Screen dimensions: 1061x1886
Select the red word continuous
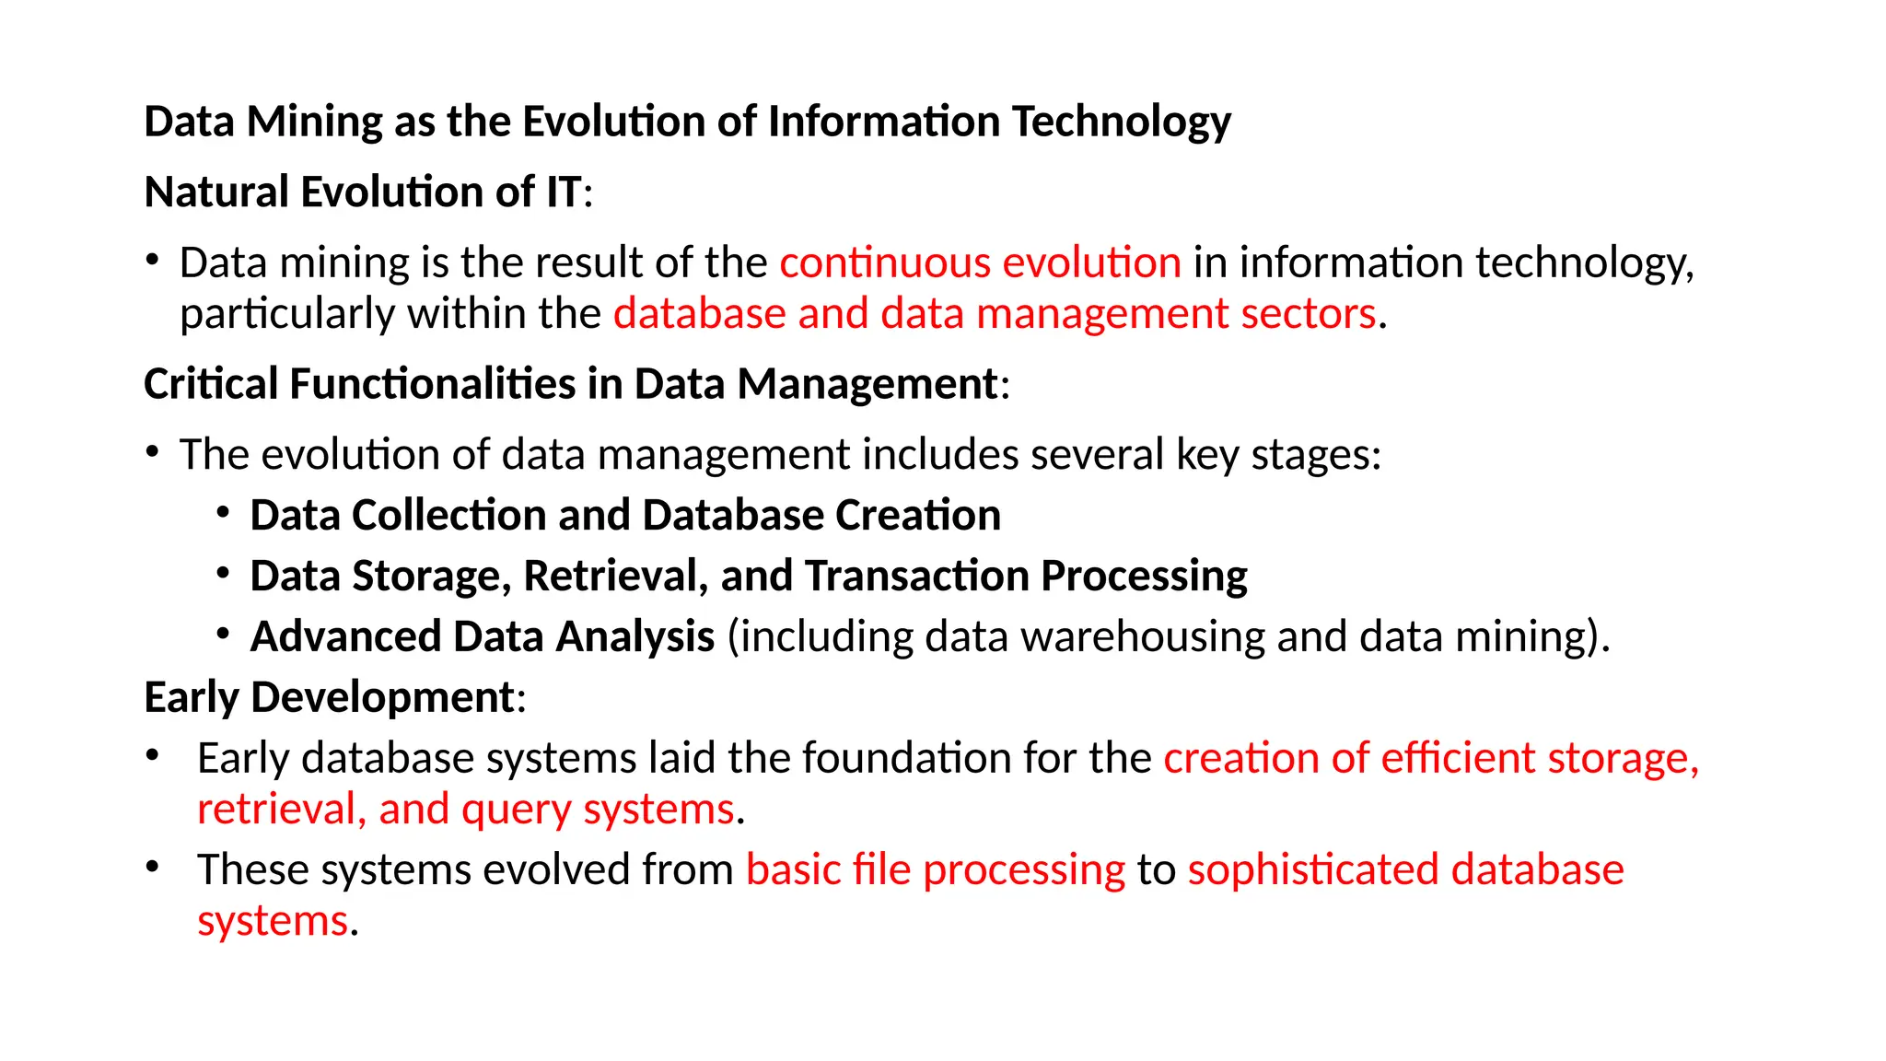883,262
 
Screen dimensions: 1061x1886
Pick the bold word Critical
210,384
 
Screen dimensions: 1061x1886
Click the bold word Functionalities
432,384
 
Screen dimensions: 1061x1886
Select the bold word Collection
448,515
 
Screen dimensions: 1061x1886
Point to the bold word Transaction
916,577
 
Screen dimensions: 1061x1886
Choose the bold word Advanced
345,636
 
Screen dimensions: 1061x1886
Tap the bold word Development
382,697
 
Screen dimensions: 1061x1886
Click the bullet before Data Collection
223,512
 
